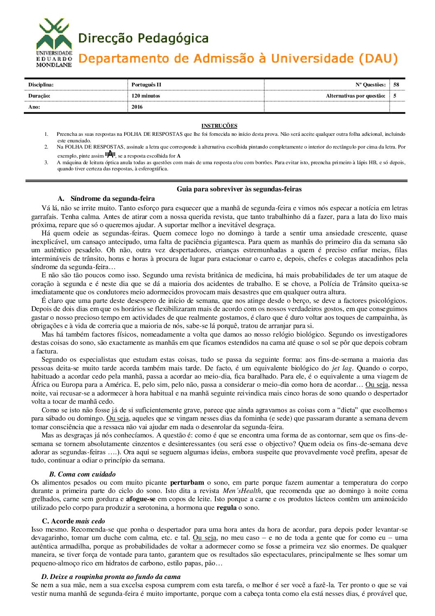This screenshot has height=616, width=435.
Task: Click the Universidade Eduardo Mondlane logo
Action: tap(54, 43)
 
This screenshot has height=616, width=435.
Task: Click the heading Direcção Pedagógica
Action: tap(143, 39)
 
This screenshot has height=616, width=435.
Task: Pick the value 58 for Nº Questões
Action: tap(396, 85)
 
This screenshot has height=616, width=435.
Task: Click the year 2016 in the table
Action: tap(137, 107)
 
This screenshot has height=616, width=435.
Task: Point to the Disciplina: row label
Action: tap(41, 85)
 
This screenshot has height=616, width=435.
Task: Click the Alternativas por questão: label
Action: tap(355, 96)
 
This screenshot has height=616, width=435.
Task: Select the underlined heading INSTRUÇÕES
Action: tap(219, 126)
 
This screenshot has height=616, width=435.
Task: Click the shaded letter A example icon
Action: tap(110, 155)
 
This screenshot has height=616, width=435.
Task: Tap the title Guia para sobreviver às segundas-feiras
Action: tap(239, 189)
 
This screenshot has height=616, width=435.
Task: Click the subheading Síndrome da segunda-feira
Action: tap(112, 199)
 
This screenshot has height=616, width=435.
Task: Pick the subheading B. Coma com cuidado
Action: tap(82, 474)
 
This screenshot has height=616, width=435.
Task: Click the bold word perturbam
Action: tap(187, 482)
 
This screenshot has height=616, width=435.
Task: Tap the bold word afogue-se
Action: tap(141, 499)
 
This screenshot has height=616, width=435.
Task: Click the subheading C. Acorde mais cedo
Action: tap(73, 521)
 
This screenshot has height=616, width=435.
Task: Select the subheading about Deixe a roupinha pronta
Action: tap(111, 576)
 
